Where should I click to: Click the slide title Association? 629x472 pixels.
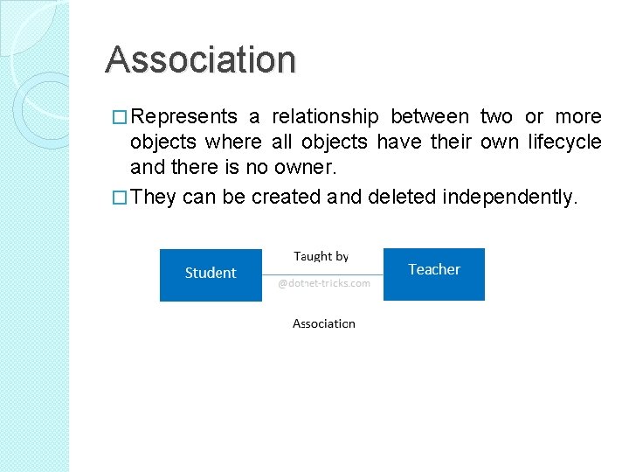pos(200,59)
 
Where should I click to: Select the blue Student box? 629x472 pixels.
pos(211,274)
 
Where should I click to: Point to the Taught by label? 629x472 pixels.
pos(321,256)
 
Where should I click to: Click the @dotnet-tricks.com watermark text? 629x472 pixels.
pos(324,283)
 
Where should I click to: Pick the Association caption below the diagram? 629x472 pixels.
pos(323,323)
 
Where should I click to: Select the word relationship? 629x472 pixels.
pos(325,117)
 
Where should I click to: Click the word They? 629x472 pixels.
pos(154,198)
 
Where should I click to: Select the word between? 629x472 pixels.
pos(430,117)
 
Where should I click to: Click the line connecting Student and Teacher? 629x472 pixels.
pos(322,275)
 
